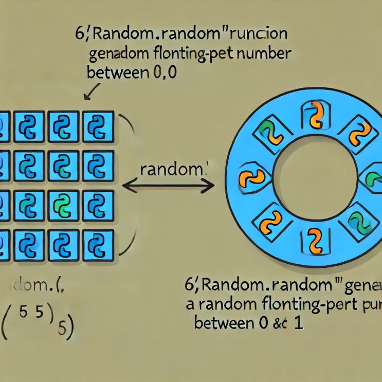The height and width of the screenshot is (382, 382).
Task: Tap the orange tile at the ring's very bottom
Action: point(313,240)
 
